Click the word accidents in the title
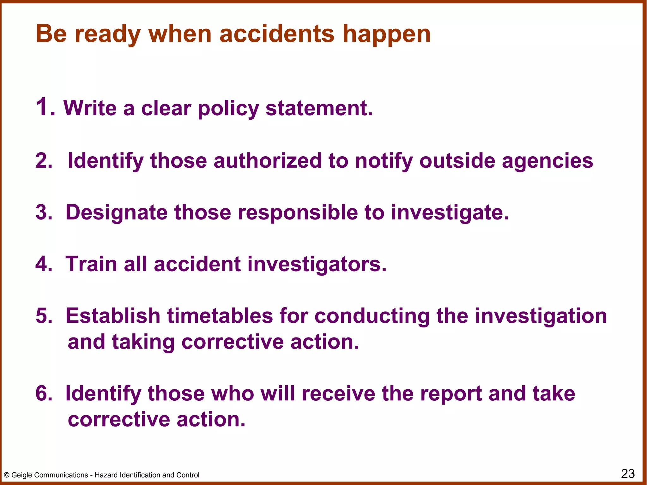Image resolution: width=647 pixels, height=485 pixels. point(277,34)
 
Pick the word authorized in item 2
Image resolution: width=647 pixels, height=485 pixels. point(267,161)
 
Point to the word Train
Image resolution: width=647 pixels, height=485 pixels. point(91,264)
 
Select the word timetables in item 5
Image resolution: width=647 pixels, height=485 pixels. point(220,316)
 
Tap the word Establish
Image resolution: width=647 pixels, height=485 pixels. point(113,316)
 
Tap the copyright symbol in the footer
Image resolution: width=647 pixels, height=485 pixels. point(6,475)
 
